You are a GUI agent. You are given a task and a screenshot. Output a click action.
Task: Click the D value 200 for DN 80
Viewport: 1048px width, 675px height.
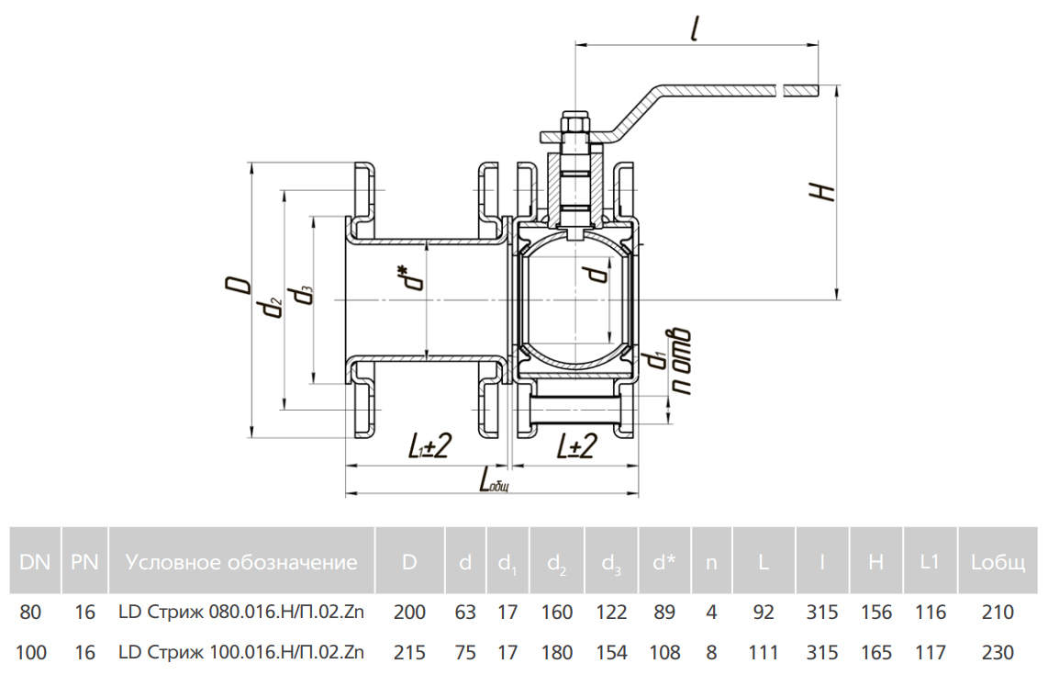[409, 613]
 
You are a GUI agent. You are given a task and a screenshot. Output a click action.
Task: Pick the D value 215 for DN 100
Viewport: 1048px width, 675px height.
[409, 653]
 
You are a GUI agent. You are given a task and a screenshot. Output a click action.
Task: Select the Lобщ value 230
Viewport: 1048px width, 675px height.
[998, 653]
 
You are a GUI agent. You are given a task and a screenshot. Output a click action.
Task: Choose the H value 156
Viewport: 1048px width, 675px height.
[875, 613]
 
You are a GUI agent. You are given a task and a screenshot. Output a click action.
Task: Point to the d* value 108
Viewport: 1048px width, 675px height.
[664, 653]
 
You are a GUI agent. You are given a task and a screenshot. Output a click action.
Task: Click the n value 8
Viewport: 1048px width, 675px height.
[711, 653]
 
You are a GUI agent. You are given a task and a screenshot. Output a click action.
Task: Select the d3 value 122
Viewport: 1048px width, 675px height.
[611, 613]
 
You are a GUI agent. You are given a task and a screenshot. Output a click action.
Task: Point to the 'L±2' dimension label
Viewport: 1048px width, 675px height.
[577, 447]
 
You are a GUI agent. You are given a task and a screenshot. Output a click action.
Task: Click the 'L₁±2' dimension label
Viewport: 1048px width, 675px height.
[428, 447]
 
